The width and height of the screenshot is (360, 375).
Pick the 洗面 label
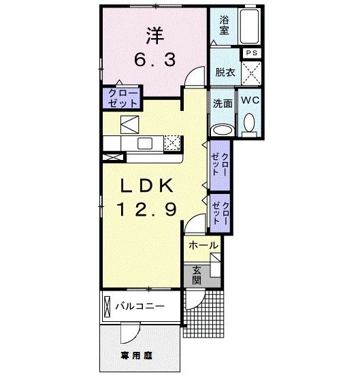point(223,103)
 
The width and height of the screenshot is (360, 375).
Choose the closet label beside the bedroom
point(122,97)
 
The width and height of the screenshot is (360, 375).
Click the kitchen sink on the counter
point(144,143)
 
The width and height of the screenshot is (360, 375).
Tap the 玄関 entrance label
point(196,274)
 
